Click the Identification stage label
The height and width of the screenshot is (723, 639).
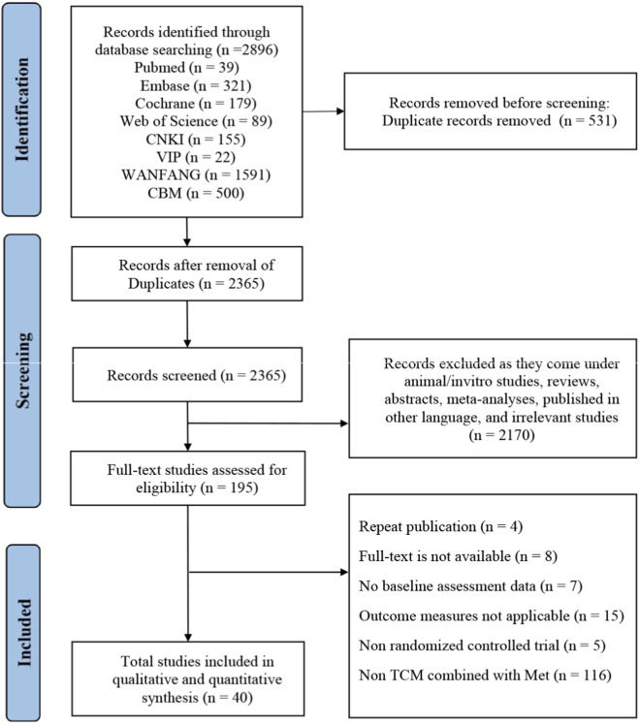point(21,110)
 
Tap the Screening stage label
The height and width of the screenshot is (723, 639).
point(22,371)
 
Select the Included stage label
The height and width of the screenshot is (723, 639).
point(23,633)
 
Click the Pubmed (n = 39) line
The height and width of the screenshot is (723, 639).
point(186,68)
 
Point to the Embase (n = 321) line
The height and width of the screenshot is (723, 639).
point(196,85)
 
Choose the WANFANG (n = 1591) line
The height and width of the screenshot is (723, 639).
point(196,175)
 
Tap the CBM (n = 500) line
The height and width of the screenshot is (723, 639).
point(196,193)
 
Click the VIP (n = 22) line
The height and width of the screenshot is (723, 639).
point(196,157)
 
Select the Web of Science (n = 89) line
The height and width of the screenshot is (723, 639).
point(196,121)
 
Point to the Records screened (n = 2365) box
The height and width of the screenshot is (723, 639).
point(187,374)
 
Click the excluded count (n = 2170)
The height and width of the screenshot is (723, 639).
point(501,435)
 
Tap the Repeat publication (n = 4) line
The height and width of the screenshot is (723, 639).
point(440,526)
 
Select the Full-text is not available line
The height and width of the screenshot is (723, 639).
point(458,556)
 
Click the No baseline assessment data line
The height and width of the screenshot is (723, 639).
point(470,586)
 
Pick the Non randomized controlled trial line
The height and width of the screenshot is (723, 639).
point(482,645)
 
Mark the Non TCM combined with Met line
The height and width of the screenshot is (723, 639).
point(486,676)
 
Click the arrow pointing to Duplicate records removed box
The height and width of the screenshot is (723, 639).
point(324,111)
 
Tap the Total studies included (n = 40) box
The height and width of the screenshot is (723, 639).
point(188,678)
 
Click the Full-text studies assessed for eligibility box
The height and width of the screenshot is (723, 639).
point(188,478)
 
